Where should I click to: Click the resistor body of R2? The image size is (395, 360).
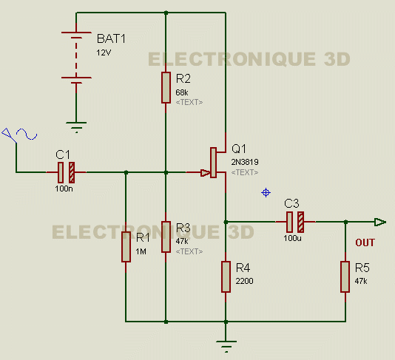(x=166, y=88)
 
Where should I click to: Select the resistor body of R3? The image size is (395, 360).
(x=166, y=237)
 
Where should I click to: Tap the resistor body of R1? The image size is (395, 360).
(x=126, y=247)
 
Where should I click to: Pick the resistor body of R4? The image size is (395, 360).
(x=226, y=276)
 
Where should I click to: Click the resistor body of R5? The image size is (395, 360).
(x=345, y=276)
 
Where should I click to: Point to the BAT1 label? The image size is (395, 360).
(x=111, y=38)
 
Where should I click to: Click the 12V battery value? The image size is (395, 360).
(x=104, y=52)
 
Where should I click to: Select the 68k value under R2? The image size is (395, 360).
(x=182, y=92)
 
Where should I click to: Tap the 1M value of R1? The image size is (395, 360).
(x=141, y=251)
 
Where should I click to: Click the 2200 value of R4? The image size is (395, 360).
(x=244, y=281)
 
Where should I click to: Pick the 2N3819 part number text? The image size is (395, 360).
(x=245, y=162)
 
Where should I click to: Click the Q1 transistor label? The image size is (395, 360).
(x=239, y=149)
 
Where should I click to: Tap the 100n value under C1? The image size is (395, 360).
(x=64, y=189)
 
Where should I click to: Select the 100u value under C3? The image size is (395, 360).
(x=292, y=238)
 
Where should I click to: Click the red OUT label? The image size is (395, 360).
(x=365, y=242)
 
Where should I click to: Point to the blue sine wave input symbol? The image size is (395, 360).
(x=27, y=134)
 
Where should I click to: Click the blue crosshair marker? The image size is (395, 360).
(x=266, y=193)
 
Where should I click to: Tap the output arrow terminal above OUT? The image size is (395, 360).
(x=380, y=222)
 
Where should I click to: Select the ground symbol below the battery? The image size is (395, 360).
(x=76, y=127)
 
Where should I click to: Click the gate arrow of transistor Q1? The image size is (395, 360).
(x=205, y=173)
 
